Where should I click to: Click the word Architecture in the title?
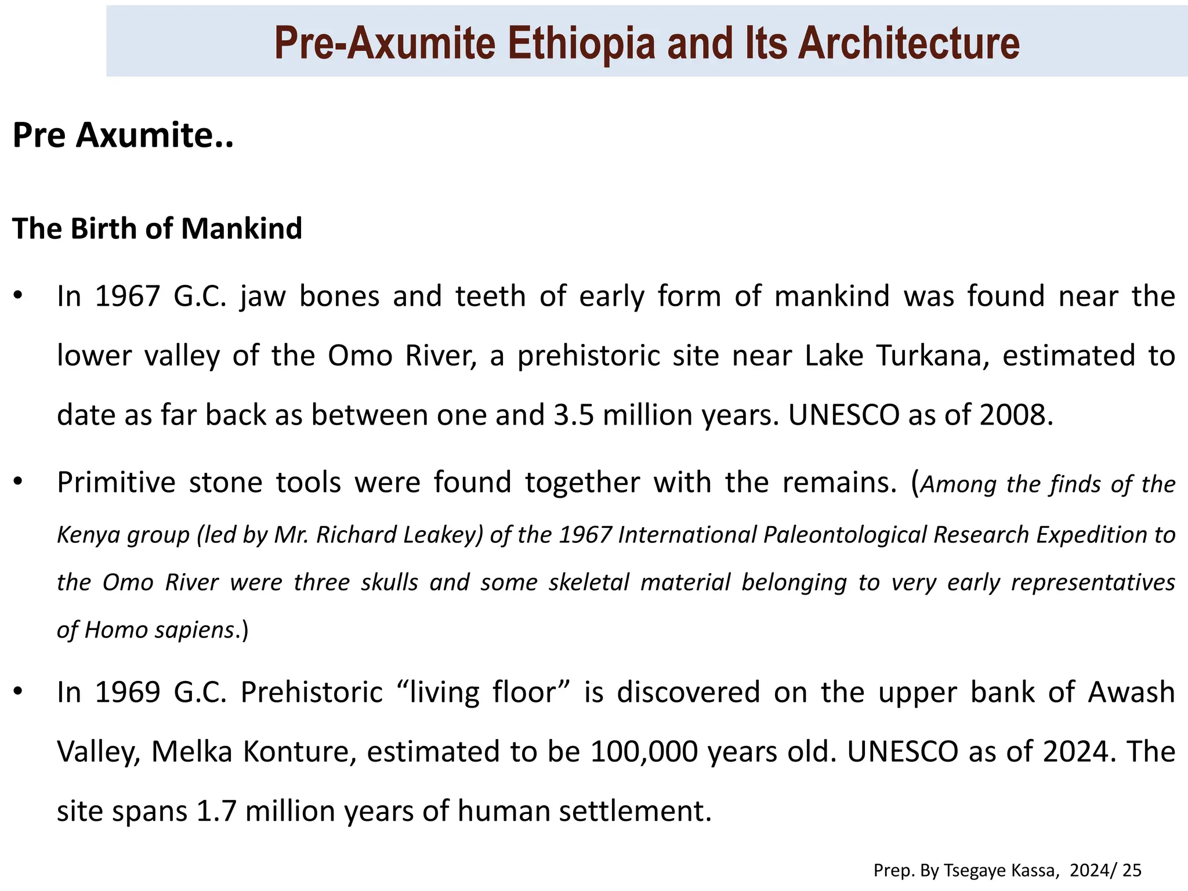click(x=908, y=44)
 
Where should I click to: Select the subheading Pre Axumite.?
click(x=122, y=135)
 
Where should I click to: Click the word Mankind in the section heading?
click(x=241, y=229)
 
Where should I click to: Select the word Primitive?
click(x=116, y=483)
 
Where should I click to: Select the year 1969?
click(x=128, y=693)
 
